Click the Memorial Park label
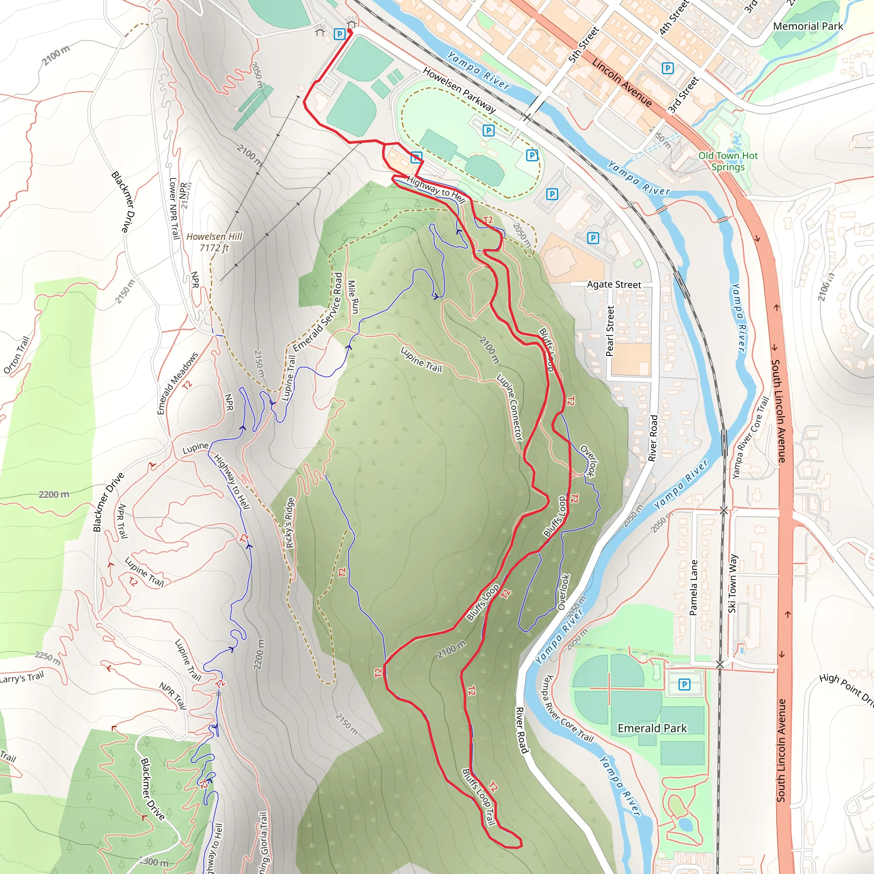[x=808, y=26]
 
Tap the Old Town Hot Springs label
[x=728, y=161]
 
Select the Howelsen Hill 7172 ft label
[x=214, y=242]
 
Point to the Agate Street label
[x=614, y=285]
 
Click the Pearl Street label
[x=610, y=331]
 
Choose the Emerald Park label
[x=652, y=728]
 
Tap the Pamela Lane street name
[x=693, y=588]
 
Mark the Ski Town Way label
[x=732, y=583]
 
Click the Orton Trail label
[x=17, y=355]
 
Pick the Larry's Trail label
[x=22, y=678]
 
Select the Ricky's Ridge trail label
[x=290, y=522]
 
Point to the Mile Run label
[x=353, y=297]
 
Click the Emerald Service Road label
[x=318, y=312]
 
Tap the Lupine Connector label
[x=510, y=407]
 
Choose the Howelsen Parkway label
[x=459, y=90]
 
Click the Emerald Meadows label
[x=178, y=383]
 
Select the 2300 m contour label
[x=153, y=862]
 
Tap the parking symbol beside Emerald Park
[x=685, y=685]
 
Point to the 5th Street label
[x=583, y=45]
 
